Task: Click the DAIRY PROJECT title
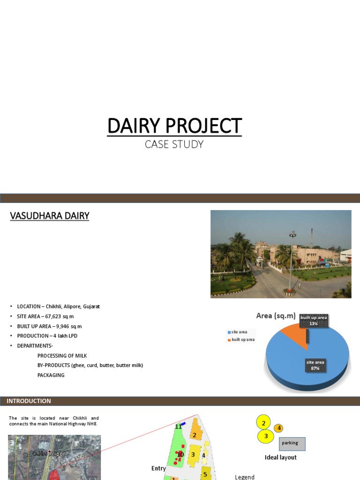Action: point(174,126)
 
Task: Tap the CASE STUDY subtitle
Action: point(174,144)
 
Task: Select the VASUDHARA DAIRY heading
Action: point(50,216)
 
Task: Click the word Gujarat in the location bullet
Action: point(90,307)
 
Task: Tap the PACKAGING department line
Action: point(51,375)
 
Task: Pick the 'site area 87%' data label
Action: point(315,365)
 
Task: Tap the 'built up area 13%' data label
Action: point(314,321)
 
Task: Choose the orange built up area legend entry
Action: point(241,340)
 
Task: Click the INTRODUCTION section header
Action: point(29,401)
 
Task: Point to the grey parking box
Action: point(292,443)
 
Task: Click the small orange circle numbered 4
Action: point(278,428)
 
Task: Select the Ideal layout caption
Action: point(280,457)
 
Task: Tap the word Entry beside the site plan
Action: point(158,468)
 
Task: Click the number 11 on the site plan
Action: point(178,427)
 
